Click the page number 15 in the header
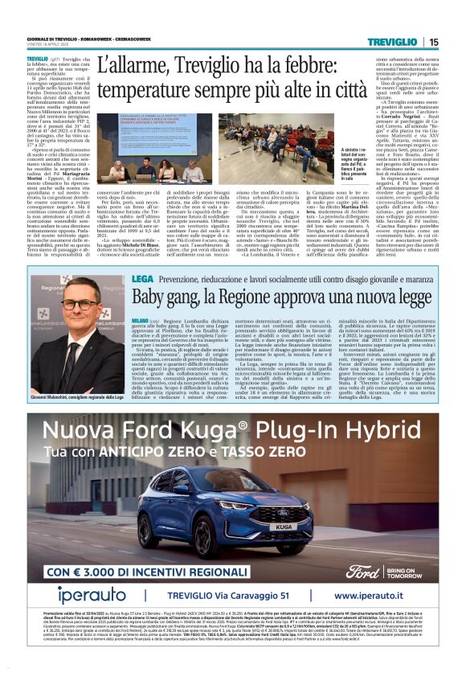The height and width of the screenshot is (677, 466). click(434, 42)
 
